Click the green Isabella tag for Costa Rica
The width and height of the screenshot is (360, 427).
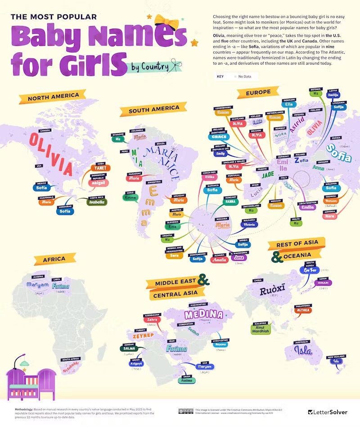(97, 202)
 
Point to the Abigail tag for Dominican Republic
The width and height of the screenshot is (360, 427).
(100, 183)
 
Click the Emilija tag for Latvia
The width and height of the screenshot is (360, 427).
(333, 95)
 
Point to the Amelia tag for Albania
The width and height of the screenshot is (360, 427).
(220, 260)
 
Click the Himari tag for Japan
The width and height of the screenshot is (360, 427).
(323, 283)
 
